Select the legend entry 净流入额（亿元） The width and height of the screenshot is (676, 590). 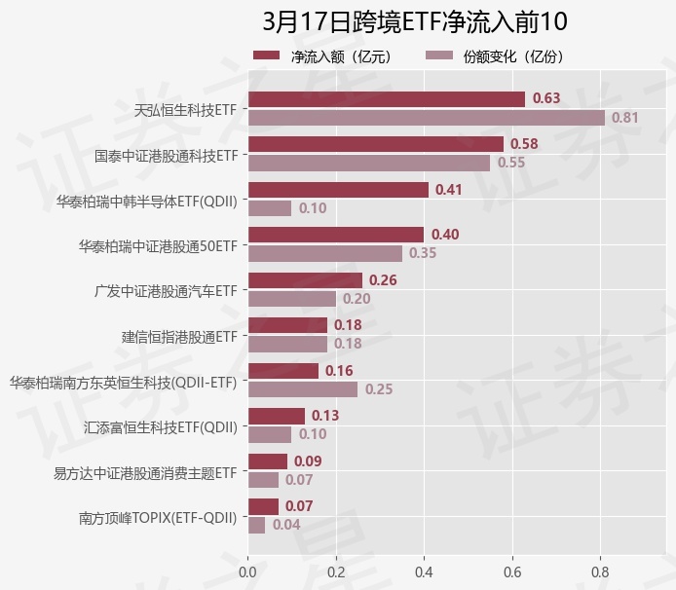pyautogui.click(x=321, y=56)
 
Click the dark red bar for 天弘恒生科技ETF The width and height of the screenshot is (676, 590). pyautogui.click(x=387, y=99)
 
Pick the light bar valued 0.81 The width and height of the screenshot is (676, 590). pyautogui.click(x=427, y=118)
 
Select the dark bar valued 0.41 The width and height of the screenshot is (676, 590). pyautogui.click(x=339, y=190)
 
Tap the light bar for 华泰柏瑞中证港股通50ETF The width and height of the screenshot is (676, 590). pyautogui.click(x=325, y=253)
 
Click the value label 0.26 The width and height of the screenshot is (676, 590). pyautogui.click(x=383, y=280)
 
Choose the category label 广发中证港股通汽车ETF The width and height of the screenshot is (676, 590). pyautogui.click(x=166, y=291)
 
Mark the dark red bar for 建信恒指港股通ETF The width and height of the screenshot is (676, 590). pyautogui.click(x=288, y=325)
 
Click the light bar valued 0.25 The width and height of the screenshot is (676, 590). pyautogui.click(x=304, y=389)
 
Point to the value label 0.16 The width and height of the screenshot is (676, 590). pyautogui.click(x=339, y=371)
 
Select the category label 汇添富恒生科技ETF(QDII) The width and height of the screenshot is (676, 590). pyautogui.click(x=161, y=426)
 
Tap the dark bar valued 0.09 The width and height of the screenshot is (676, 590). pyautogui.click(x=268, y=461)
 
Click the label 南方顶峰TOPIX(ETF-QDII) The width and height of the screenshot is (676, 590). pyautogui.click(x=158, y=517)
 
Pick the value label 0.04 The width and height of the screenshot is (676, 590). pyautogui.click(x=286, y=525)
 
